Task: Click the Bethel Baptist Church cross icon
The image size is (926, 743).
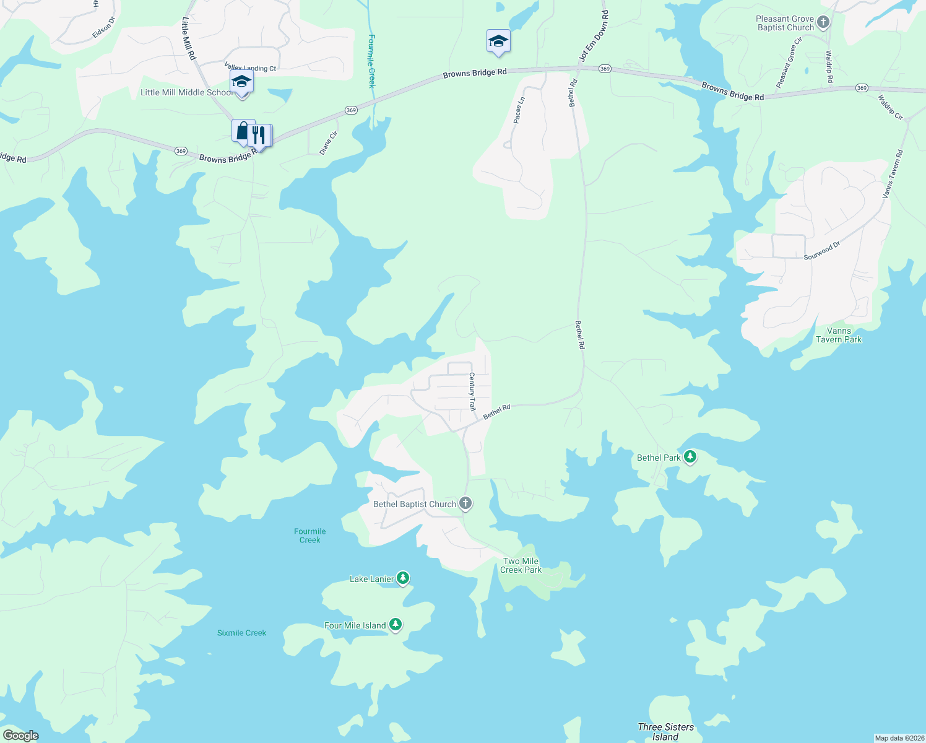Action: tap(465, 503)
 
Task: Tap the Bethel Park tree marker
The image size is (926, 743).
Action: tap(690, 458)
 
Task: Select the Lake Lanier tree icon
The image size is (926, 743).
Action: tap(403, 578)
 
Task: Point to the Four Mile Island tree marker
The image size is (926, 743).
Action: tap(396, 625)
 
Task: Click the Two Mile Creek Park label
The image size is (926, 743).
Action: tap(521, 565)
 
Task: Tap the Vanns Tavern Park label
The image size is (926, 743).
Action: tap(838, 335)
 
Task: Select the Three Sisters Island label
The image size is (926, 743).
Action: tap(665, 731)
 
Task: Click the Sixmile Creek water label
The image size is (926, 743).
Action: tap(241, 633)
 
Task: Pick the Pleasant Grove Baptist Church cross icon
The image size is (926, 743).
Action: tap(823, 23)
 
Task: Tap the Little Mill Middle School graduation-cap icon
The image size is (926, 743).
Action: tap(241, 82)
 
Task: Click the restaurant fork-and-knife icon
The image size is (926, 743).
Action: tap(259, 135)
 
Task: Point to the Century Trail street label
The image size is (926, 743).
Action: tap(472, 391)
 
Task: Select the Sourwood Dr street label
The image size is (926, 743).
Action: tap(822, 251)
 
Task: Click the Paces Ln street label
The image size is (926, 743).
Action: tap(519, 110)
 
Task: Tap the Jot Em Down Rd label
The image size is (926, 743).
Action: tap(594, 35)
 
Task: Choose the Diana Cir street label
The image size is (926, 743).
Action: tap(329, 142)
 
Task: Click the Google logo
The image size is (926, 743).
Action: tap(20, 736)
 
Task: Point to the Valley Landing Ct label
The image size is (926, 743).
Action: tap(250, 67)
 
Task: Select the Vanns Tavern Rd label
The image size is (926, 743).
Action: tap(892, 175)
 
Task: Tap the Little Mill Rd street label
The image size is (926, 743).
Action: tap(188, 38)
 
